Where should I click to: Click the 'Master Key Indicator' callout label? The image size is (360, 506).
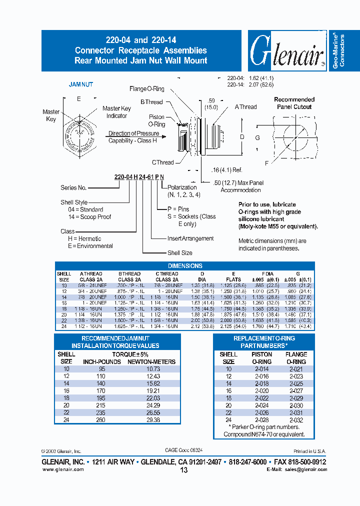click(116, 112)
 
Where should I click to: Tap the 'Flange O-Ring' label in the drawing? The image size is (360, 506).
click(146, 89)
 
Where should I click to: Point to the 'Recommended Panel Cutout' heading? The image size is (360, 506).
click(294, 103)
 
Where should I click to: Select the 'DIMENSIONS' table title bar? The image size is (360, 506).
click(184, 266)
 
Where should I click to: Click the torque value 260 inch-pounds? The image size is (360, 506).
click(101, 420)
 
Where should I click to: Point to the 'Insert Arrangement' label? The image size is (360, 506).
click(190, 238)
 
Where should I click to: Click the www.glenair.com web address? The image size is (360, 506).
click(62, 469)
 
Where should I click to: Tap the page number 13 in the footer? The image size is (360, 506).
click(183, 470)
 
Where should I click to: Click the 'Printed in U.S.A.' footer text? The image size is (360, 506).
click(309, 450)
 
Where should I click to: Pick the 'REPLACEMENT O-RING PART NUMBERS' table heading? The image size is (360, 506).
click(264, 341)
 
